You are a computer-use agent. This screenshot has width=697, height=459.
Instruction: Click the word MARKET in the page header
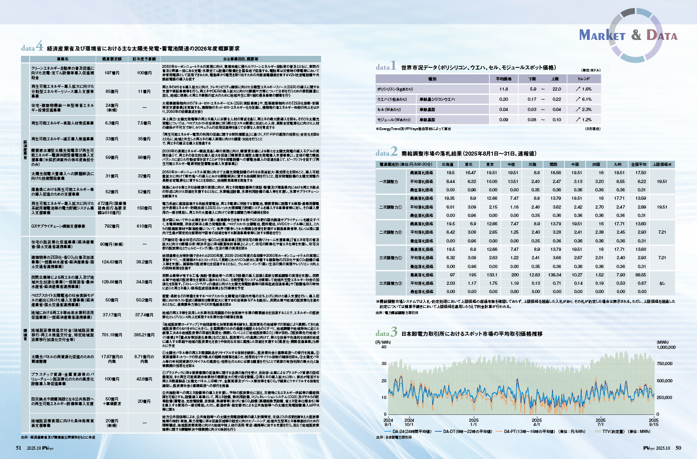click(602, 35)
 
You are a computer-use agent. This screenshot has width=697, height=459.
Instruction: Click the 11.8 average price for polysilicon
click(504, 89)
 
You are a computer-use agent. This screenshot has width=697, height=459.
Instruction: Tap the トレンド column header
click(584, 79)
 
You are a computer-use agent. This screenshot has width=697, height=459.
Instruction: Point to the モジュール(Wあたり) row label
click(394, 119)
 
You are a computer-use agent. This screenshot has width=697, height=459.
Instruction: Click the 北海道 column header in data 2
click(447, 164)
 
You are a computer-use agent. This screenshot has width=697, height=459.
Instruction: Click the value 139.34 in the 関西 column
click(555, 275)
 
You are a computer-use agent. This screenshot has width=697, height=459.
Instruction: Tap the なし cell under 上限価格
click(662, 283)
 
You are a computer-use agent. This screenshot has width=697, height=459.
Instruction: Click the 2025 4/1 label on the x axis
click(537, 422)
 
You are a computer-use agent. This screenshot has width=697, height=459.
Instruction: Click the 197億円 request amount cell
click(112, 73)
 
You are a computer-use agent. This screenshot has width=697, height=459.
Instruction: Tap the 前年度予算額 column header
click(144, 59)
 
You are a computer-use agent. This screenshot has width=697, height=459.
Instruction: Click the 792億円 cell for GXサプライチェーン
click(112, 226)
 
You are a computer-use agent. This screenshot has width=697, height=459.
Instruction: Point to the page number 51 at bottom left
click(19, 448)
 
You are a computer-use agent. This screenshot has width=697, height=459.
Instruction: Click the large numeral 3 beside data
click(394, 332)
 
